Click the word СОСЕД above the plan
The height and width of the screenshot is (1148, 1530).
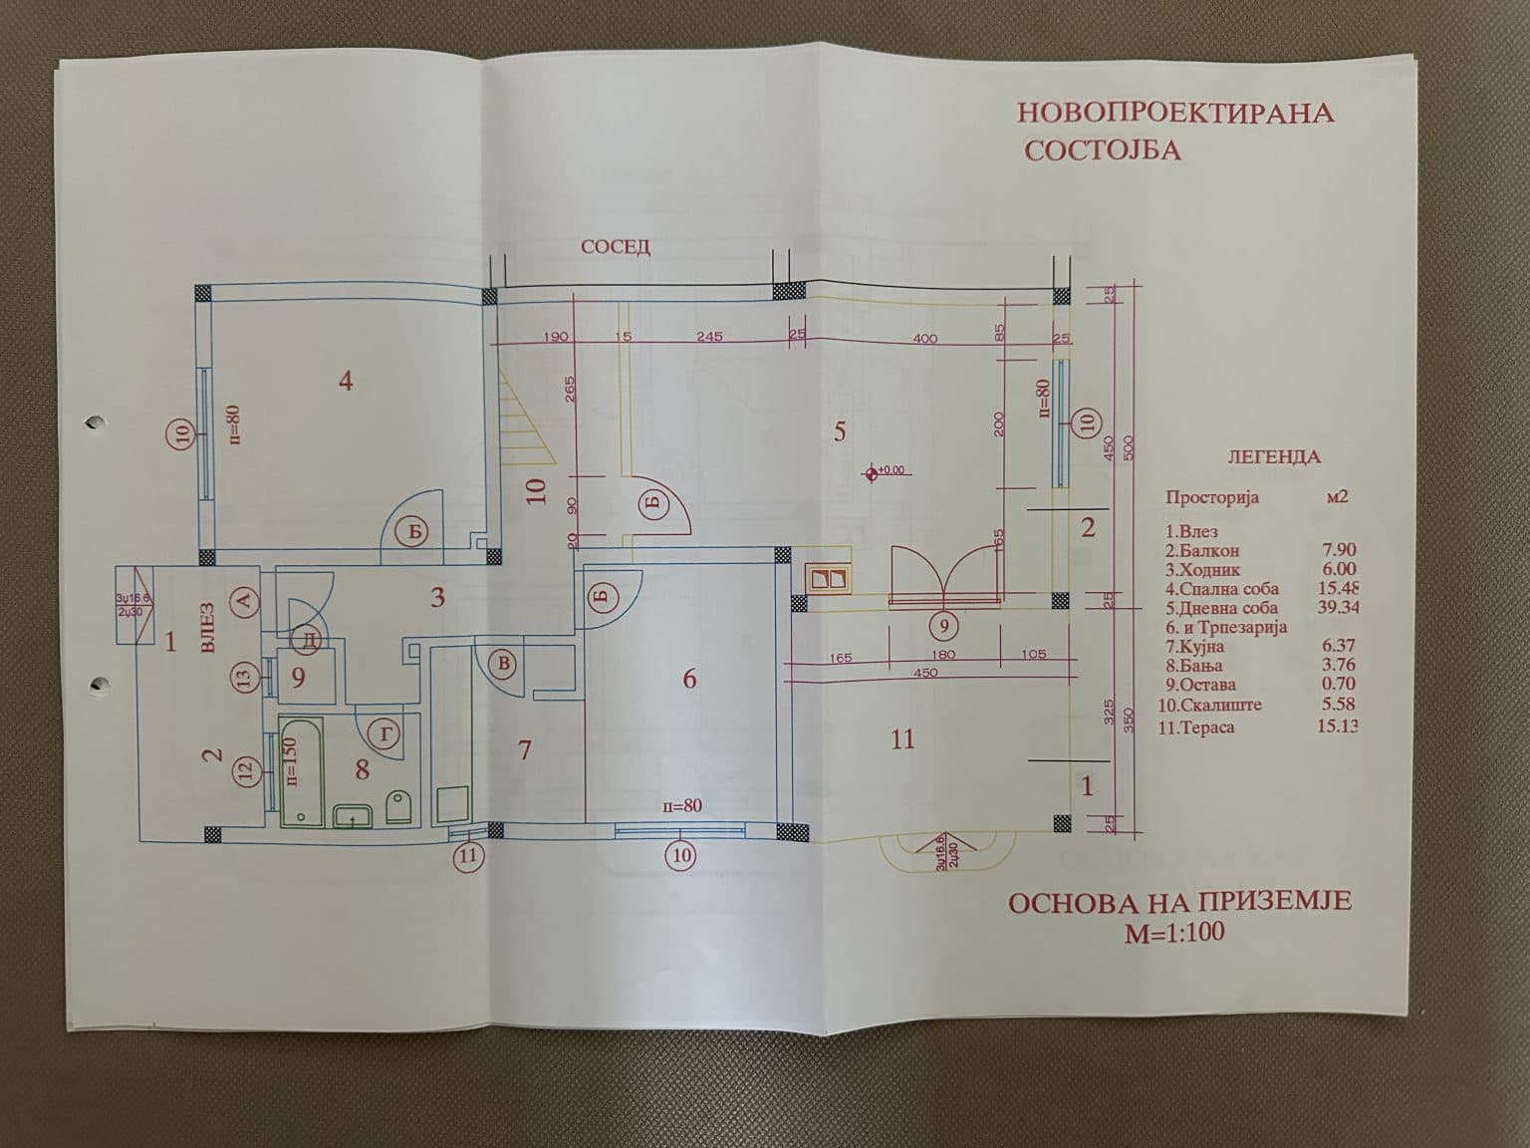tap(616, 247)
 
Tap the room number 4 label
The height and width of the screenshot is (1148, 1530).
tap(346, 381)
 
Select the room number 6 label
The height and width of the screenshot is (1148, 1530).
tap(689, 680)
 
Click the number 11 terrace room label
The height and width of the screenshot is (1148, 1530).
tap(902, 739)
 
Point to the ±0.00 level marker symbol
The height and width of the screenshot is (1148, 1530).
tap(873, 470)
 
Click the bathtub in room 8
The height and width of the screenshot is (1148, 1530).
tap(300, 770)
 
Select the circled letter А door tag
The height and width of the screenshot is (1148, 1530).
tap(244, 599)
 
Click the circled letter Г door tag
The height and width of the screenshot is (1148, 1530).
tap(386, 734)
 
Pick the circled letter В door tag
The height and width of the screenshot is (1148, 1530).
tap(505, 664)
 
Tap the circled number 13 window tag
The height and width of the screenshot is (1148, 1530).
tap(245, 678)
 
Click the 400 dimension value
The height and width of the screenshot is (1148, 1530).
tap(925, 339)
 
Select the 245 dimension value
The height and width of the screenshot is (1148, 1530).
tap(709, 336)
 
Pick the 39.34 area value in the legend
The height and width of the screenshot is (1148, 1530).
tap(1337, 608)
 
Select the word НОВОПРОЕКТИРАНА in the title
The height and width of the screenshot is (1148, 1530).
tap(1174, 112)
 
